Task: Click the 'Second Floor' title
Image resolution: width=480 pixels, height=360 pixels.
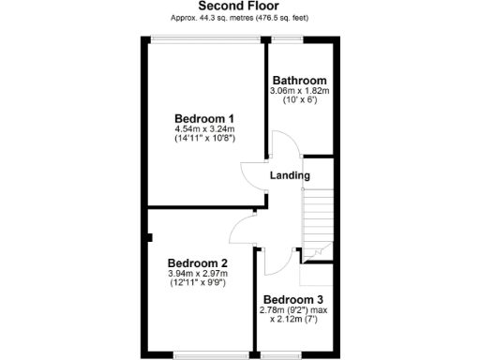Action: [x=238, y=6]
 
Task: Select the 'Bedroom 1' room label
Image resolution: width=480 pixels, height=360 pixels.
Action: [x=204, y=118]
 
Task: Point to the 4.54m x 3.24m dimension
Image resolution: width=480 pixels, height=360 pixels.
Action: [x=204, y=128]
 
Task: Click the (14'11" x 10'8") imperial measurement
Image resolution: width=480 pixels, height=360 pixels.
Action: [x=204, y=139]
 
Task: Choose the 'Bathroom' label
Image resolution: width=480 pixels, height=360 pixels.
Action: [x=299, y=81]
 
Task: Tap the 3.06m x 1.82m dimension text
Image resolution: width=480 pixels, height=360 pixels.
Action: [x=300, y=91]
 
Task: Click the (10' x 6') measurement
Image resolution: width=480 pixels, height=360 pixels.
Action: [x=300, y=100]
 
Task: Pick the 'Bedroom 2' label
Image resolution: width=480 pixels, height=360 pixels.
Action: [x=198, y=262]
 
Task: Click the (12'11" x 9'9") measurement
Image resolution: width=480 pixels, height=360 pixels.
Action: [x=198, y=282]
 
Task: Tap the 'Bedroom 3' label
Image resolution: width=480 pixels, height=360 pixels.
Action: [x=294, y=300]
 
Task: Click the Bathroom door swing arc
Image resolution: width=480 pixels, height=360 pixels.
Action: [x=282, y=144]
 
